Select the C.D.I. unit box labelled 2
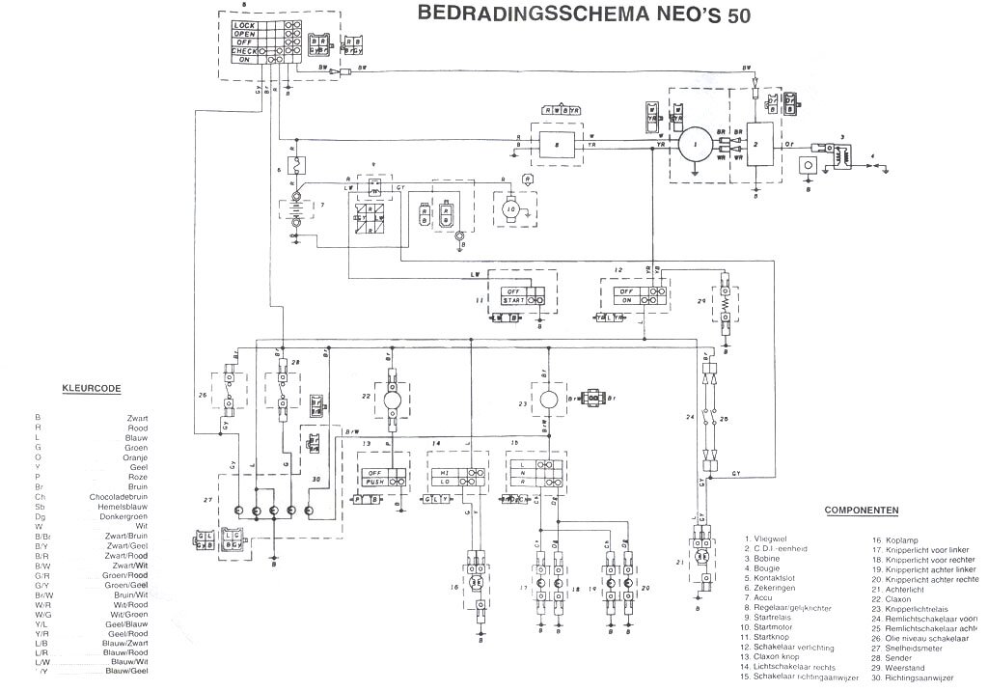pos(757,146)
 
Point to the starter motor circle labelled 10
pos(512,208)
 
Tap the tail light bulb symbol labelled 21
pos(704,558)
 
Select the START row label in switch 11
pos(510,300)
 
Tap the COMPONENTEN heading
pos(863,510)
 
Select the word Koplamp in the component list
pos(892,541)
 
